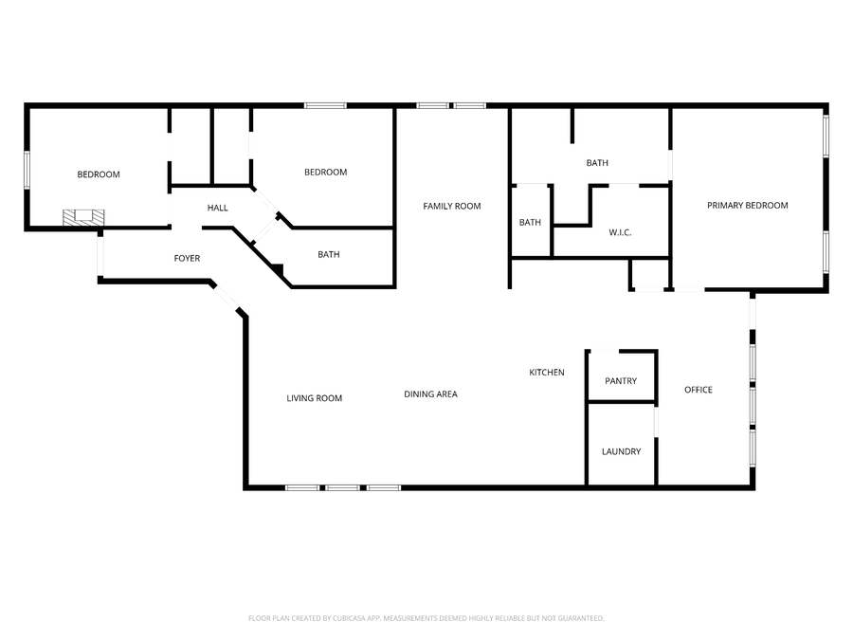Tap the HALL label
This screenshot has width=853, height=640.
pyautogui.click(x=218, y=208)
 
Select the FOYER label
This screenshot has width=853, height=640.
pyautogui.click(x=187, y=258)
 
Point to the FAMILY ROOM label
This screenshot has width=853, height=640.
pyautogui.click(x=452, y=206)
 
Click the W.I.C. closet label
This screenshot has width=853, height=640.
pyautogui.click(x=620, y=232)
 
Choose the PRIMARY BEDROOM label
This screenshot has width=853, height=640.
pyautogui.click(x=748, y=205)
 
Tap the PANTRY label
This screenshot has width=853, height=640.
pyautogui.click(x=621, y=381)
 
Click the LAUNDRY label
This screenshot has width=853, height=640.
pyautogui.click(x=621, y=451)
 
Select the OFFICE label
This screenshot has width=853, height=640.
pyautogui.click(x=699, y=390)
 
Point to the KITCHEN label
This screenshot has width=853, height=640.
pyautogui.click(x=547, y=373)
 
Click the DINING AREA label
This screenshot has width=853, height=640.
pyautogui.click(x=430, y=393)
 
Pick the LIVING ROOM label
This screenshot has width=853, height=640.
pyautogui.click(x=315, y=398)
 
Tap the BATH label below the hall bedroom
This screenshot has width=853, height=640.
pyautogui.click(x=329, y=254)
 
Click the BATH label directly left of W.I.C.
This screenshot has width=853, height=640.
pyautogui.click(x=530, y=223)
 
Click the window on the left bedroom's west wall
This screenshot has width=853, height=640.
pyautogui.click(x=27, y=170)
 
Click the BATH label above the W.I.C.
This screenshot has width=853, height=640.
pyautogui.click(x=597, y=163)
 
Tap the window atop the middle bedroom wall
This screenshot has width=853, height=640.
pyautogui.click(x=325, y=105)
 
